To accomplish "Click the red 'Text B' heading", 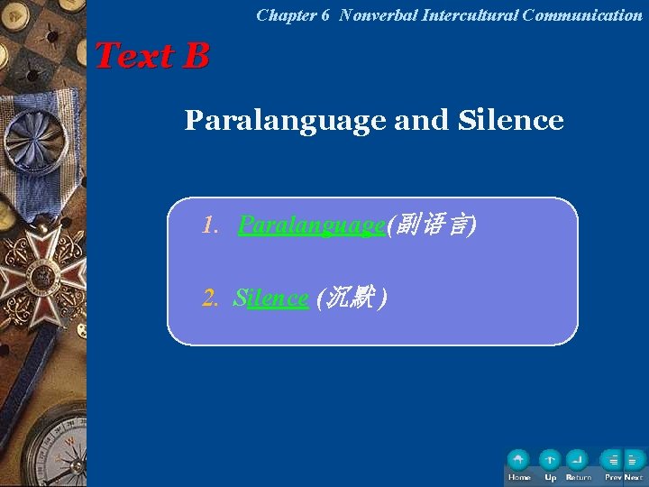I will (x=151, y=56).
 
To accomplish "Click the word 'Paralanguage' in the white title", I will (x=286, y=120).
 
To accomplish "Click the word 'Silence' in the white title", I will (x=511, y=120).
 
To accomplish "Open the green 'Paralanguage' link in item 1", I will (x=311, y=225).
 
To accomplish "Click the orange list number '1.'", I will (x=211, y=225).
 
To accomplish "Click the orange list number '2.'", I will (x=211, y=298).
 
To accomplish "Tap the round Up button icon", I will (x=550, y=460).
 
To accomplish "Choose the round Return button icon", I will (x=578, y=460).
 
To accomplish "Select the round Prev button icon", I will (x=613, y=460).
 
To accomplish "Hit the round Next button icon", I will (x=634, y=460).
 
